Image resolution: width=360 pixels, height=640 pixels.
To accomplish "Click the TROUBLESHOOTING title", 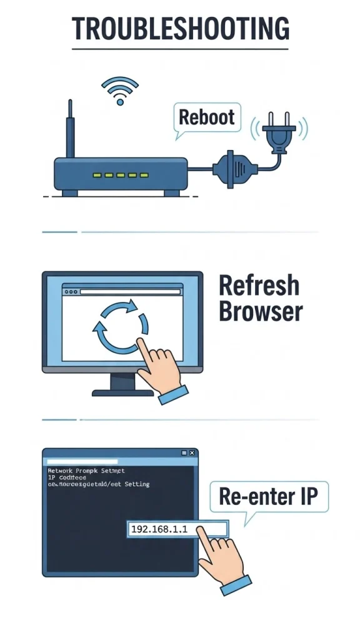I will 180,29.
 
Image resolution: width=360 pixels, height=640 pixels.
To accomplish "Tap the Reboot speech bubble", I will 207,117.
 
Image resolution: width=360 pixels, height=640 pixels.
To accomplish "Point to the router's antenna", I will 71,128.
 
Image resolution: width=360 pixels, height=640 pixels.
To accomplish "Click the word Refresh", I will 259,286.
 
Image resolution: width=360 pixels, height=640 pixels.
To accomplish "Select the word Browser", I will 261,311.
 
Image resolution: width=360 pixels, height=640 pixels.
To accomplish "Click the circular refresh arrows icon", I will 121,325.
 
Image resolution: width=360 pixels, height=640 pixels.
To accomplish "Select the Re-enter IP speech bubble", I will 268,497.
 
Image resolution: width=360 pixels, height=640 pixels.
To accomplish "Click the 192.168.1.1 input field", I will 177,529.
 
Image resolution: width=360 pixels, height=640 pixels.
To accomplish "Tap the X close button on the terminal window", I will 192,452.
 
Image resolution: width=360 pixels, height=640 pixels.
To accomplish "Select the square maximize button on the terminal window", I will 184,452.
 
